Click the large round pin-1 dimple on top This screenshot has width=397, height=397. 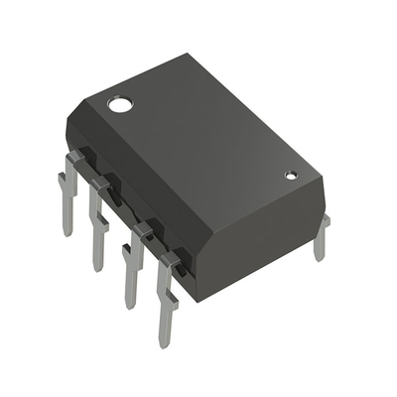[120, 102]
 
